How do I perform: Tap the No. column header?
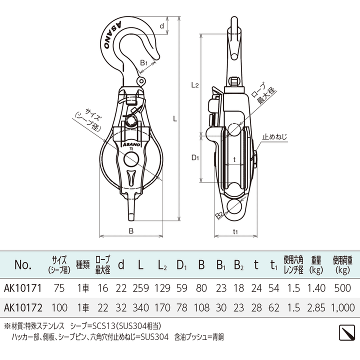(23, 264)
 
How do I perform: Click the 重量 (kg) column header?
(316, 264)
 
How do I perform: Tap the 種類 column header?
(82, 264)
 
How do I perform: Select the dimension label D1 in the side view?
(195, 158)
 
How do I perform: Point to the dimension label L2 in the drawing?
(195, 85)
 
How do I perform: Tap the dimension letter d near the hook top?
(161, 25)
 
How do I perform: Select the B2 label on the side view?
(219, 215)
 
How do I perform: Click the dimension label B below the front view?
(130, 231)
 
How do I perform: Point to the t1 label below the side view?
(235, 231)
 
